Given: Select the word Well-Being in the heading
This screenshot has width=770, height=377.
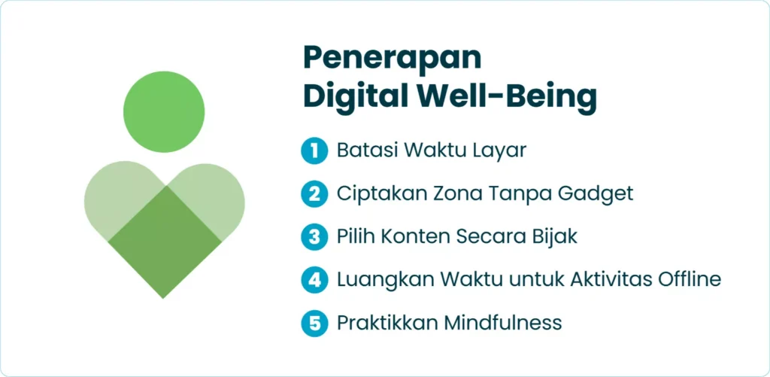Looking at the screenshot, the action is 505,99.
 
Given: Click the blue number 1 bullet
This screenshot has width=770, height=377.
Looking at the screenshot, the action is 314,150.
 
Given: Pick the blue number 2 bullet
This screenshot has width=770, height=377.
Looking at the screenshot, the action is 314,193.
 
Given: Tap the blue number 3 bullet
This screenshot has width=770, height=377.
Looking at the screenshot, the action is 314,237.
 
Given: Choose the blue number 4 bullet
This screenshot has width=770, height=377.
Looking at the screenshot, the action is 314,280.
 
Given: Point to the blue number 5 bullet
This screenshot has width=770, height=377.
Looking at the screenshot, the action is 314,323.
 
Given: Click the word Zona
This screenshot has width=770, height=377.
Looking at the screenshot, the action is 452,193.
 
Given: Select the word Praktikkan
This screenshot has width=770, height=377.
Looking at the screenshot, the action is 388,323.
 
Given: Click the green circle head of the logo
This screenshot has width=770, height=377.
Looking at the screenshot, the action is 164,111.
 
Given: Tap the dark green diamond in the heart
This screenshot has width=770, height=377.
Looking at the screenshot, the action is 165,242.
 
